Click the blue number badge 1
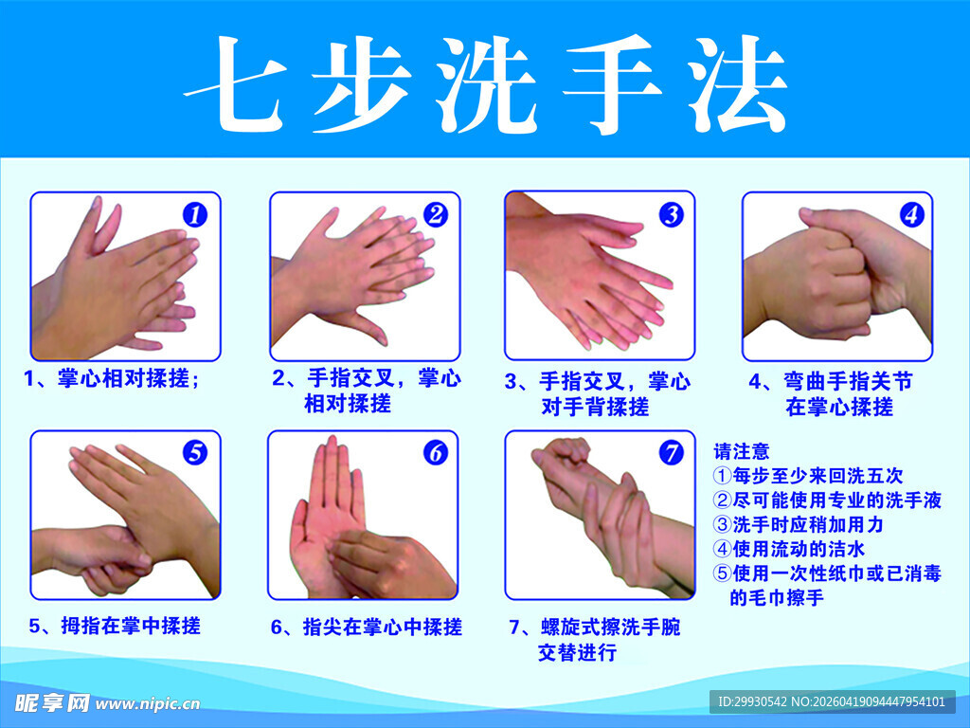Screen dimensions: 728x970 (194, 215)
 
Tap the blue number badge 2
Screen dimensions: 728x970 (435, 215)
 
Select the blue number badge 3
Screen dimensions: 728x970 (671, 215)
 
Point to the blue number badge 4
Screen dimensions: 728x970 (910, 215)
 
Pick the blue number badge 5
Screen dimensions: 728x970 (194, 453)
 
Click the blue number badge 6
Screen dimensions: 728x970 (435, 453)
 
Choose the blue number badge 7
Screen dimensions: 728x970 (671, 453)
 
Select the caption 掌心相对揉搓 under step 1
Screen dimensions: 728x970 (129, 379)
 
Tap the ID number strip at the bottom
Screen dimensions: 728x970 (832, 701)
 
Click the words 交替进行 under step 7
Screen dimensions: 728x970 (578, 652)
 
